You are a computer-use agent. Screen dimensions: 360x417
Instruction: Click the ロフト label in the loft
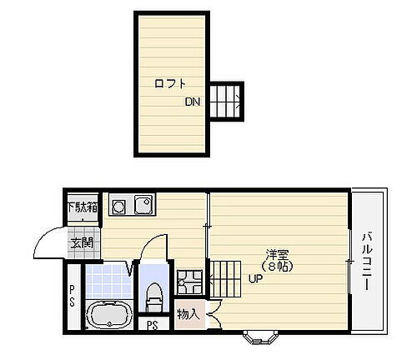pyautogui.click(x=169, y=83)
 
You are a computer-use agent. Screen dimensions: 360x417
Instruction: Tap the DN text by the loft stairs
pyautogui.click(x=193, y=103)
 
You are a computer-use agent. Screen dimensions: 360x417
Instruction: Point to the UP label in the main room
pyautogui.click(x=254, y=279)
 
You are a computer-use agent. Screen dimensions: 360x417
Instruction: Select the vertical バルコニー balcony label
pyautogui.click(x=366, y=260)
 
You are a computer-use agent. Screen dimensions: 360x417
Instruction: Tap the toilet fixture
pyautogui.click(x=153, y=292)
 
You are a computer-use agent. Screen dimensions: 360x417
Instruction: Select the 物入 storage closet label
pyautogui.click(x=188, y=314)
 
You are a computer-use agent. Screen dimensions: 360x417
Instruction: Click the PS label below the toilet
pyautogui.click(x=152, y=326)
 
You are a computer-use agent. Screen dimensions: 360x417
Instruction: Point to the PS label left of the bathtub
pyautogui.click(x=73, y=296)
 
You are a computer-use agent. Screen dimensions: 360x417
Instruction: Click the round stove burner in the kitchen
pyautogui.click(x=117, y=203)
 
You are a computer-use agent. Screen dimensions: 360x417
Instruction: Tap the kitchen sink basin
pyautogui.click(x=141, y=203)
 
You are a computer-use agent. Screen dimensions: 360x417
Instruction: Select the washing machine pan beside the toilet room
pyautogui.click(x=188, y=282)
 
